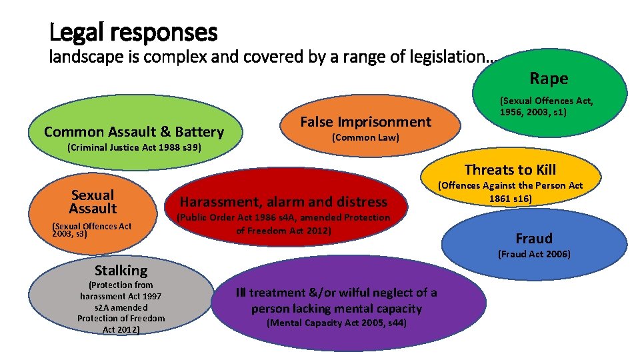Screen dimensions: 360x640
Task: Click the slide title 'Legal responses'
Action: pyautogui.click(x=133, y=31)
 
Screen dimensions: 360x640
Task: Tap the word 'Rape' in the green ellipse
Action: pyautogui.click(x=549, y=79)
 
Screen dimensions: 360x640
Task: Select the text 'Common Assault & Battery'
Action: pyautogui.click(x=133, y=131)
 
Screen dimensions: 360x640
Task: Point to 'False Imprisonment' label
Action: pyautogui.click(x=366, y=121)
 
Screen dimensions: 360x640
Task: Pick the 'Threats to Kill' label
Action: pyautogui.click(x=510, y=170)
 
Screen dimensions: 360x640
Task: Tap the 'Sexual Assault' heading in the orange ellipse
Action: pyautogui.click(x=93, y=201)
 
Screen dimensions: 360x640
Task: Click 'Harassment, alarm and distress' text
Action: pyautogui.click(x=283, y=201)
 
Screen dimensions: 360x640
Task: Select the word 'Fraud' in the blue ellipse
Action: pyautogui.click(x=534, y=238)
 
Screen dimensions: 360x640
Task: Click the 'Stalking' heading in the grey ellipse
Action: pyautogui.click(x=121, y=270)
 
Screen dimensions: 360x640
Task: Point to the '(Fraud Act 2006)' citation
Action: pyautogui.click(x=534, y=254)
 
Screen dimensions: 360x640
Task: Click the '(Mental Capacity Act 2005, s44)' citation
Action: pyautogui.click(x=337, y=323)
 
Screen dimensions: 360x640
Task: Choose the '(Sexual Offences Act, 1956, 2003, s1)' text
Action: pyautogui.click(x=547, y=107)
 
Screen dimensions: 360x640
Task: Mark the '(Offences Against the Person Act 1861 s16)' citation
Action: pyautogui.click(x=510, y=192)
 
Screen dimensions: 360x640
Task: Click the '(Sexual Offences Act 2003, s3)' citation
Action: pyautogui.click(x=91, y=230)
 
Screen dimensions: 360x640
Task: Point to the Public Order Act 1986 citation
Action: pyautogui.click(x=283, y=224)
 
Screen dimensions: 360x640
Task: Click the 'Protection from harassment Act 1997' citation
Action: pyautogui.click(x=121, y=307)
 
